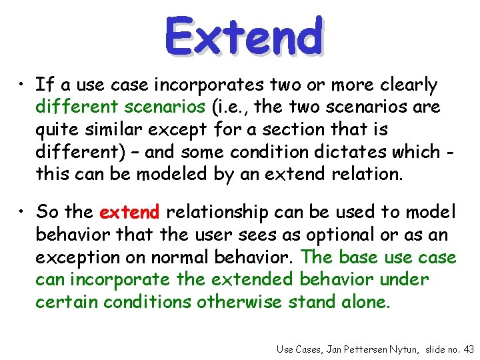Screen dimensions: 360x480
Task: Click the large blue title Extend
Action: tap(244, 36)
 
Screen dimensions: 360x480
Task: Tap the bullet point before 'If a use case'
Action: tap(23, 85)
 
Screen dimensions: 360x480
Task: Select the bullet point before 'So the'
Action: tap(23, 212)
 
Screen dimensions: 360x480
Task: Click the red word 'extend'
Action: tap(129, 213)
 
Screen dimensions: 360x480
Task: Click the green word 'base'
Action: tap(359, 257)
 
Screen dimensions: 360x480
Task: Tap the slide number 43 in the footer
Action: tap(468, 348)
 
